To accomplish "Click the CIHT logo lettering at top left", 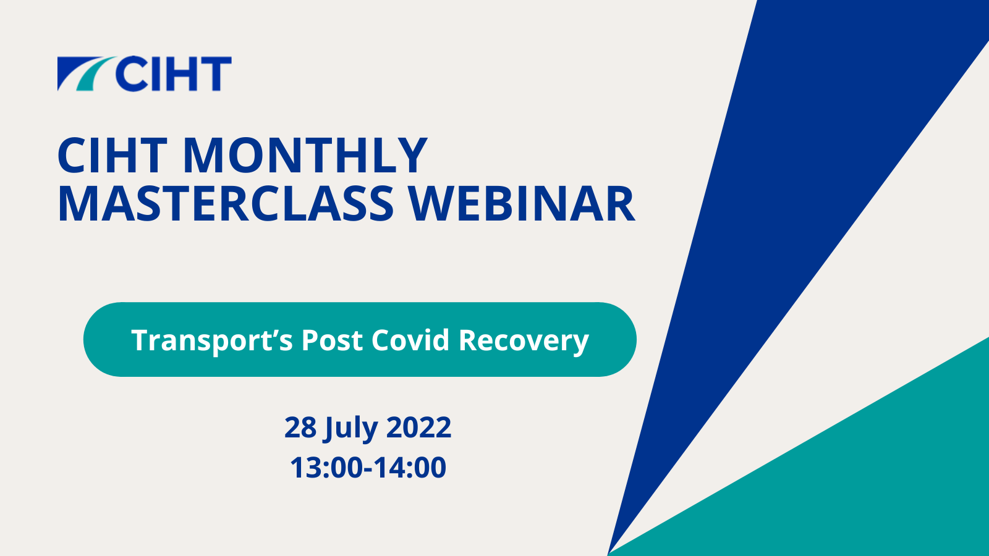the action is [x=174, y=74].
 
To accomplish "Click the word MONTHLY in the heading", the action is [x=305, y=156].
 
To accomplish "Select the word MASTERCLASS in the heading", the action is [x=226, y=204].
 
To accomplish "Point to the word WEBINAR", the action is [x=522, y=204].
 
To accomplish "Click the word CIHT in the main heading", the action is [x=112, y=156].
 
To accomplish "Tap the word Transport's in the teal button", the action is [x=212, y=340].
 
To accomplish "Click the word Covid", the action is [x=410, y=340].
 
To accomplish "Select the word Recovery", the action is [x=524, y=340].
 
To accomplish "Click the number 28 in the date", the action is [x=300, y=427].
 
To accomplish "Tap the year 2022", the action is [x=419, y=427].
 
